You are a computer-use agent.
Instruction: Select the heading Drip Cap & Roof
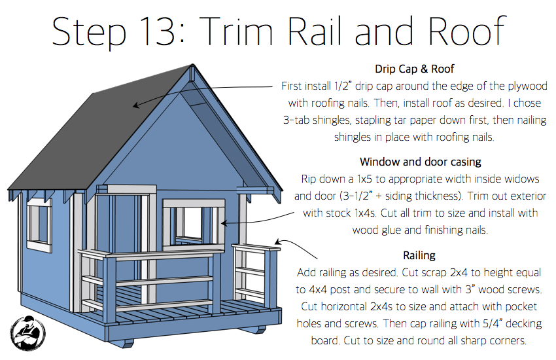coord(415,69)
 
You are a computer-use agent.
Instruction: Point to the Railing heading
coord(419,255)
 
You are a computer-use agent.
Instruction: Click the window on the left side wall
coord(39,223)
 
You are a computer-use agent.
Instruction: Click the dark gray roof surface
coord(98,131)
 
